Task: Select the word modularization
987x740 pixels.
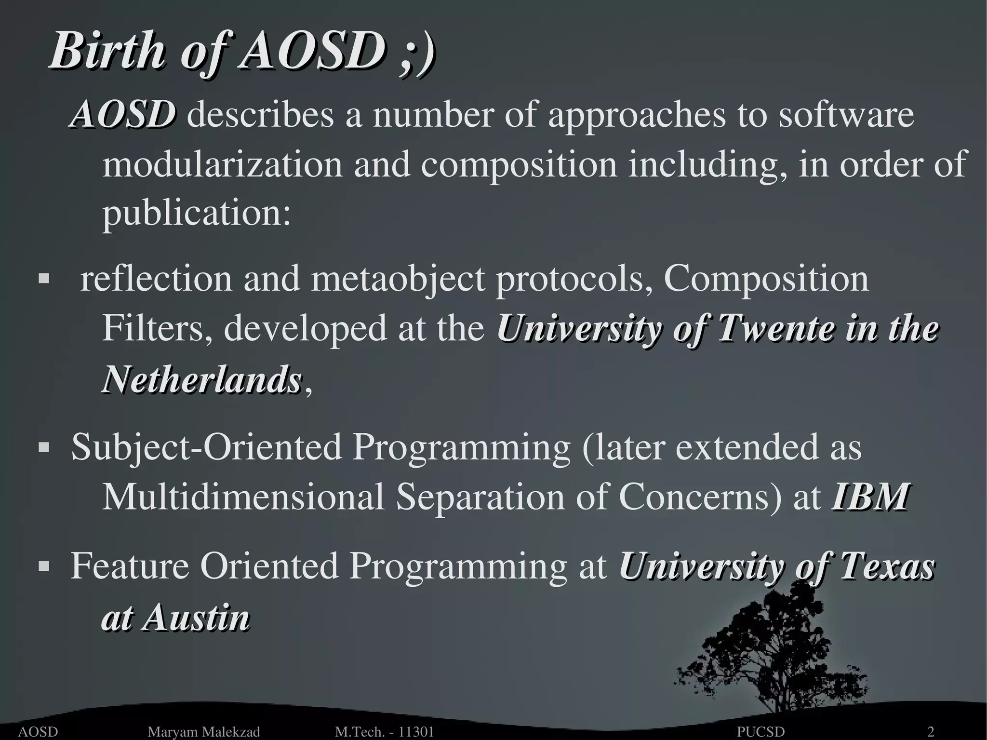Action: [222, 164]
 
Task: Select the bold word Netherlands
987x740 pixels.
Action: [202, 379]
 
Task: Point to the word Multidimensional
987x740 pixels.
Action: [243, 497]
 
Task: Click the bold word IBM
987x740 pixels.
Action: [869, 497]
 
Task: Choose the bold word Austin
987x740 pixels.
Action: [196, 618]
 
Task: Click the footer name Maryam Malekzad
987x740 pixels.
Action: [203, 732]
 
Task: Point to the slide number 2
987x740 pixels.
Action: [931, 732]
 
